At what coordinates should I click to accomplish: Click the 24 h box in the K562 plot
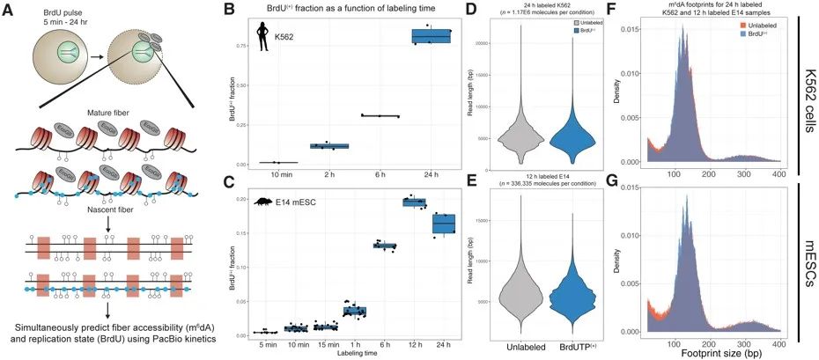[x=432, y=36]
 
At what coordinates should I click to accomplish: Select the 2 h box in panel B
[x=329, y=145]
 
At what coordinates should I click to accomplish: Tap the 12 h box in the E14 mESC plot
[x=414, y=202]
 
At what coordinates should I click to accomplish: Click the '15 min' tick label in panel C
[x=325, y=344]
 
